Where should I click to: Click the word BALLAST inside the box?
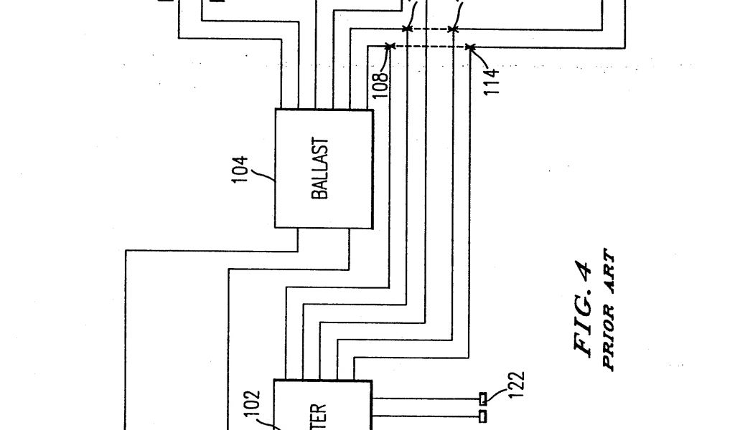point(321,169)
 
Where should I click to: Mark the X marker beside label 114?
point(470,47)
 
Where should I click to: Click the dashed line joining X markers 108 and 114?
point(430,47)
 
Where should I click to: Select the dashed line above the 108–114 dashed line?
point(429,29)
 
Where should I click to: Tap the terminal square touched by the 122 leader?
point(483,397)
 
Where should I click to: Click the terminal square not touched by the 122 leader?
point(483,415)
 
